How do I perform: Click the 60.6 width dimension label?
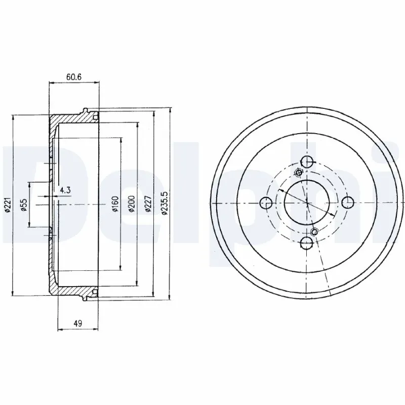(74, 77)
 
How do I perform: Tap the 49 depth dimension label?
(78, 323)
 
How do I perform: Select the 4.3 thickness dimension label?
(65, 190)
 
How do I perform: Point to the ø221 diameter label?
(8, 205)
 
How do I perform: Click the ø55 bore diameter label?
(24, 205)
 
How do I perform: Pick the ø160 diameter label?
(115, 204)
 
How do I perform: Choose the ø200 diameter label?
(132, 204)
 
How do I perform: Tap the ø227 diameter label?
(148, 204)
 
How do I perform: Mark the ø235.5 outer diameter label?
(164, 203)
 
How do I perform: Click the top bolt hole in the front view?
(307, 162)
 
